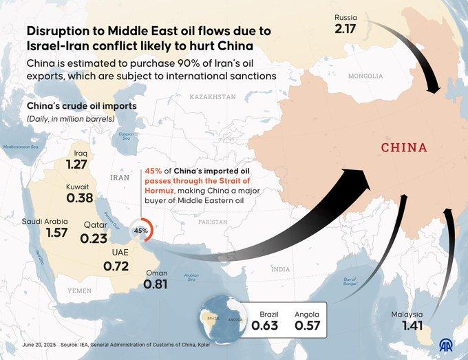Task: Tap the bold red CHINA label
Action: coord(404,147)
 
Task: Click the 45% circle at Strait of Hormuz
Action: coord(141,231)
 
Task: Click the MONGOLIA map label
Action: coord(365,76)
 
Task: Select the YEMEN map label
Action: coord(79,291)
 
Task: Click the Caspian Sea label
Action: coord(125,136)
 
